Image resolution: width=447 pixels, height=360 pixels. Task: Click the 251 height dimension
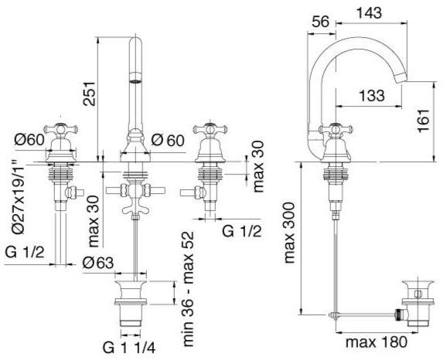(x=89, y=93)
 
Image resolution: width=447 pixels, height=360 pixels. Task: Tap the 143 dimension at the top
(x=369, y=12)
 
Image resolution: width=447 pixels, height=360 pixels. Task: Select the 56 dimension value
(x=320, y=22)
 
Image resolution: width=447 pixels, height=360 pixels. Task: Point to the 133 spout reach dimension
(x=372, y=95)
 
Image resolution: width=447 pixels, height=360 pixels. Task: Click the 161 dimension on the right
(x=424, y=121)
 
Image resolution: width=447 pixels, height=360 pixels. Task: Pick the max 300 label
(x=289, y=233)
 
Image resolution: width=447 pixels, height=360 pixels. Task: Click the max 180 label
(x=377, y=341)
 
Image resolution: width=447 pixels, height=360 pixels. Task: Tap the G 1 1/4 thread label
(x=129, y=348)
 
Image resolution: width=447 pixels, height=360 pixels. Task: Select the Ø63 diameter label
(x=98, y=263)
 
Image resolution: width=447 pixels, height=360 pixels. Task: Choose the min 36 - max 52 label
(x=188, y=289)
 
